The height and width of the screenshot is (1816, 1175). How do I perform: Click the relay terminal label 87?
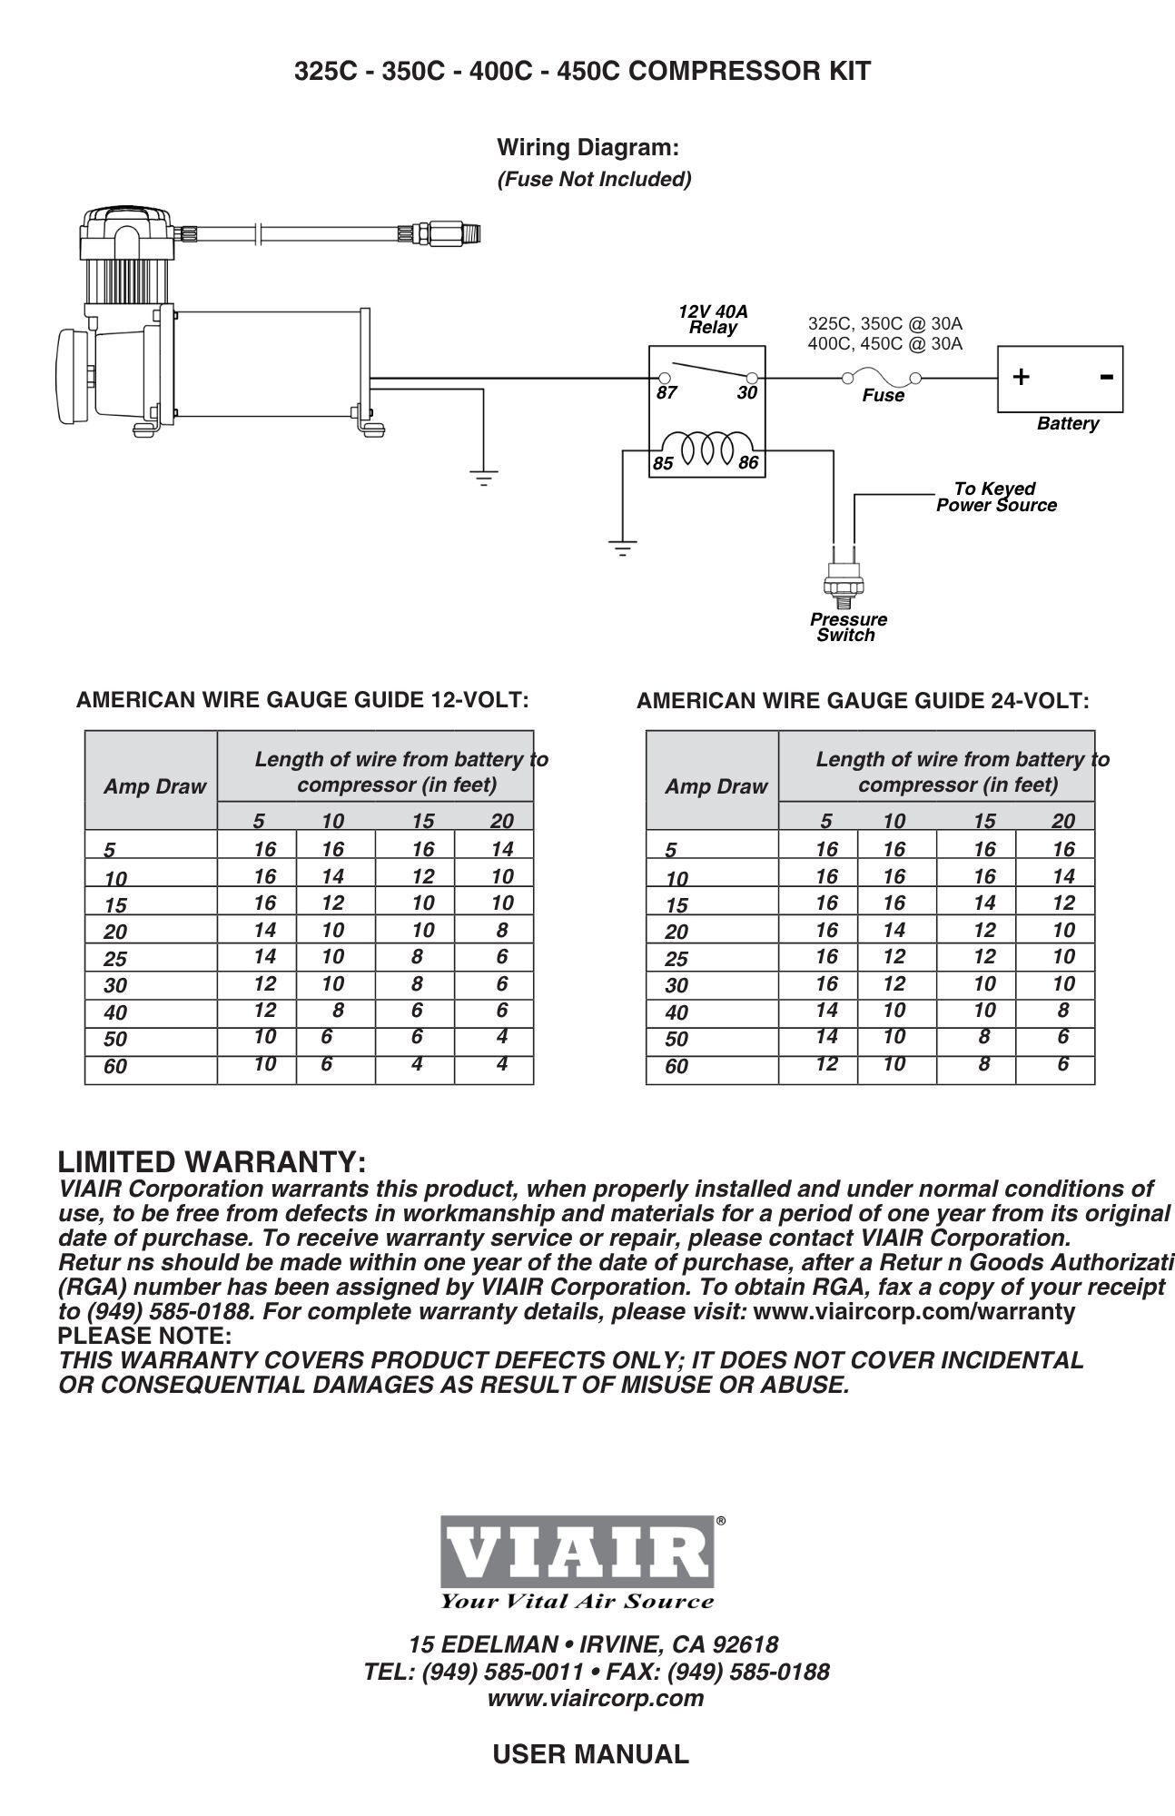click(666, 393)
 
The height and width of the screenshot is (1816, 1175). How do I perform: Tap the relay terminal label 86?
click(747, 463)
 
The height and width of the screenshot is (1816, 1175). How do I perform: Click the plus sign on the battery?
click(1022, 377)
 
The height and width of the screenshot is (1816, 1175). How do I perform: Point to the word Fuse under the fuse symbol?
click(883, 396)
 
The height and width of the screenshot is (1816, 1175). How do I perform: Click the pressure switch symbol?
click(842, 582)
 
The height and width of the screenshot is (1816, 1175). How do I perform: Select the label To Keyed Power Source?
click(996, 498)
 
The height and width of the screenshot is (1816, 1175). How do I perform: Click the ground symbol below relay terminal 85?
click(622, 548)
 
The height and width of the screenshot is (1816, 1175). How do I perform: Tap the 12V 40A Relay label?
click(713, 320)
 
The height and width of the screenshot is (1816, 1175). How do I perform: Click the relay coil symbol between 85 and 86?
click(706, 448)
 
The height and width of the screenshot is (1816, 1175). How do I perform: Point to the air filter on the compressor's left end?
click(73, 375)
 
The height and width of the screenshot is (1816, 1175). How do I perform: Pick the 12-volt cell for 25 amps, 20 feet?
click(502, 956)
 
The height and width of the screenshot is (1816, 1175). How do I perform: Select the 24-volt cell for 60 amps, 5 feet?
click(825, 1063)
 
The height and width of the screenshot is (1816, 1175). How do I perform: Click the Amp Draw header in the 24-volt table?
click(716, 786)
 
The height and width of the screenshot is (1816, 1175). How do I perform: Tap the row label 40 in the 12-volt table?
click(115, 1012)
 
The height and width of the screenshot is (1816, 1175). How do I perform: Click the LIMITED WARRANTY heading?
click(212, 1162)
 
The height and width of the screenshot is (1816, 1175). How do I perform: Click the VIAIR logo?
click(578, 1553)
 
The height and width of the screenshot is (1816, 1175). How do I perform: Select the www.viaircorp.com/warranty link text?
click(913, 1311)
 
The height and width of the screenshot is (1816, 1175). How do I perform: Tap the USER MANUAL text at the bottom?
click(590, 1753)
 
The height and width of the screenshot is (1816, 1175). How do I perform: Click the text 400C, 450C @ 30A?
click(884, 343)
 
